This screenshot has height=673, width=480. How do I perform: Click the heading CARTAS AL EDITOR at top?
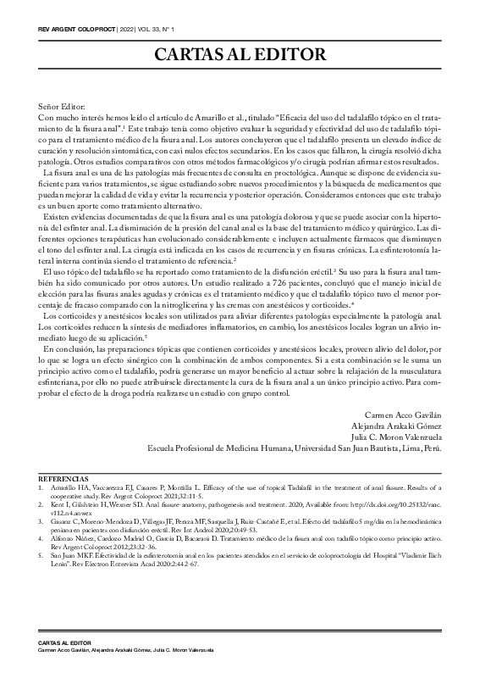pyautogui.click(x=240, y=56)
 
